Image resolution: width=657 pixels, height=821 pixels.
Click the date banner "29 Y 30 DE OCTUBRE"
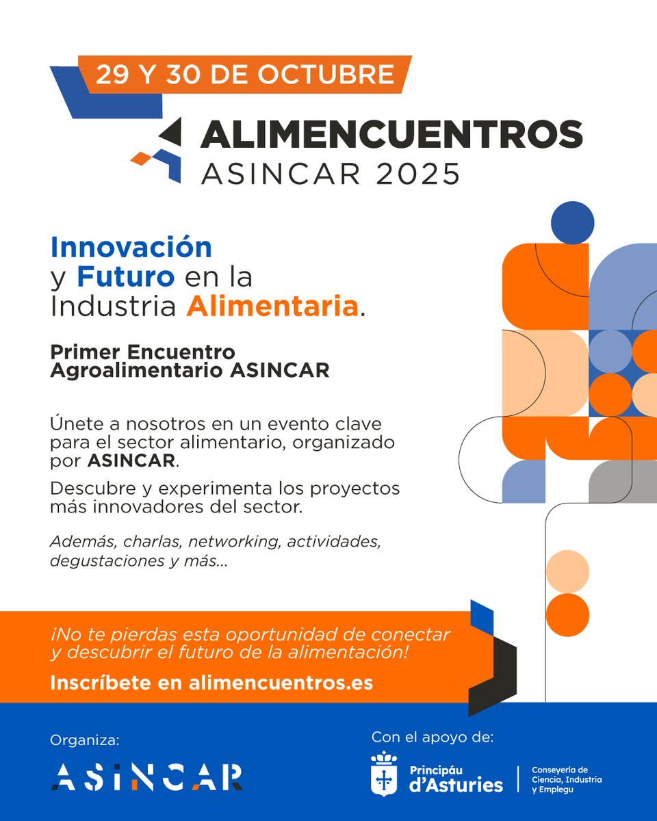click(244, 74)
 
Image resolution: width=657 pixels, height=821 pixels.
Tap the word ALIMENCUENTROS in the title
click(391, 135)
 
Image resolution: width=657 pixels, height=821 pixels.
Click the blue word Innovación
click(131, 247)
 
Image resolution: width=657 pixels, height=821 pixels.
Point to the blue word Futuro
click(125, 277)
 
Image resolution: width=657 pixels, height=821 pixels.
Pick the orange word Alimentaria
click(272, 307)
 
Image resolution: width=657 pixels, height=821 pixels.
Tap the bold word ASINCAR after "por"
click(131, 460)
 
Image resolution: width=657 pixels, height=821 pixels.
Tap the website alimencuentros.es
click(281, 682)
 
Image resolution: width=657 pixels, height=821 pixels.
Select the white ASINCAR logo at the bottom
click(146, 777)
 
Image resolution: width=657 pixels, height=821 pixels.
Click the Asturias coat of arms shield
click(383, 774)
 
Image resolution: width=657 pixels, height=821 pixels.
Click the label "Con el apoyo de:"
click(432, 737)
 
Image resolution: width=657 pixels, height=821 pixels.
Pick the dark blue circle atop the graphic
click(572, 222)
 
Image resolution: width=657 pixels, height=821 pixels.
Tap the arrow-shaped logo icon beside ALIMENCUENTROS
click(162, 148)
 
